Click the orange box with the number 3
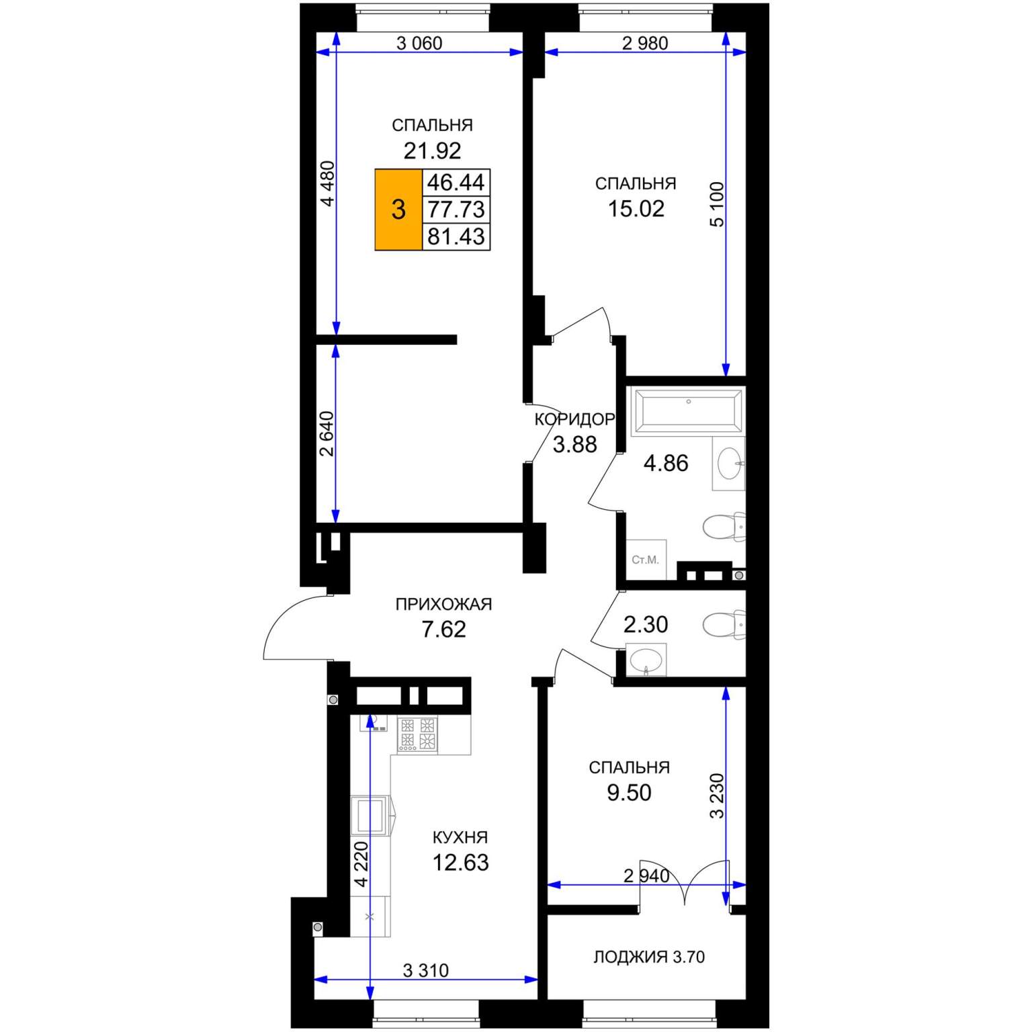(x=398, y=210)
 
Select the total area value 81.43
(x=456, y=236)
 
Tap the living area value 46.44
(x=456, y=182)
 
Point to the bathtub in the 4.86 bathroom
(x=687, y=411)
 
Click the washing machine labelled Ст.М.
(x=646, y=559)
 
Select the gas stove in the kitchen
(x=417, y=734)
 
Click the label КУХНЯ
(x=460, y=837)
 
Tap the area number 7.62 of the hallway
(x=443, y=630)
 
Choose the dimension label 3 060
(x=419, y=44)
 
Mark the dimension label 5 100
(x=718, y=204)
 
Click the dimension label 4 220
(x=361, y=864)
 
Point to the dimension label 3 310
(x=426, y=970)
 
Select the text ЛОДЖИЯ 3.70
(x=649, y=957)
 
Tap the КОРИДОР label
(x=574, y=420)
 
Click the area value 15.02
(x=636, y=209)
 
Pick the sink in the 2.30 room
(x=646, y=659)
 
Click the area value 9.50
(x=630, y=793)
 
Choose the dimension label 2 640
(x=327, y=433)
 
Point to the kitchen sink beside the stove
(x=374, y=722)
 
